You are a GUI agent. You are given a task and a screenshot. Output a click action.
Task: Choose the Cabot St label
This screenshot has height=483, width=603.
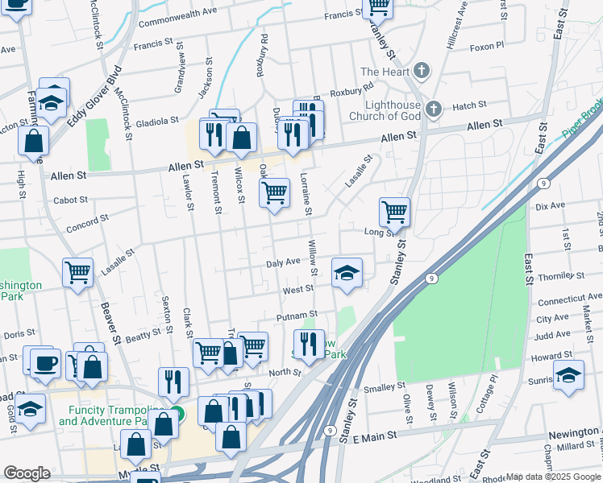click(x=70, y=200)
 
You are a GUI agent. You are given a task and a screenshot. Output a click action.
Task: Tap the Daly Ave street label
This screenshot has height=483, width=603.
click(x=283, y=262)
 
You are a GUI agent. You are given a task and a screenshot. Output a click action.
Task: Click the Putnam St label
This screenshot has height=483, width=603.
click(x=297, y=316)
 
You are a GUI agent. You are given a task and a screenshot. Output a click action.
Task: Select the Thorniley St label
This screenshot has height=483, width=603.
click(x=561, y=276)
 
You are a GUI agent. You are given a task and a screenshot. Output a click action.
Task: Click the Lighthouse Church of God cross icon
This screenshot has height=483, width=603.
click(x=434, y=108)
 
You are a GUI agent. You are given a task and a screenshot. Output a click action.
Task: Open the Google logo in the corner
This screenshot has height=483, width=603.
click(x=27, y=473)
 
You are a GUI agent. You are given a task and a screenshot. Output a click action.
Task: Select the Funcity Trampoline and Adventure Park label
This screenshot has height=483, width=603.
click(x=103, y=415)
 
